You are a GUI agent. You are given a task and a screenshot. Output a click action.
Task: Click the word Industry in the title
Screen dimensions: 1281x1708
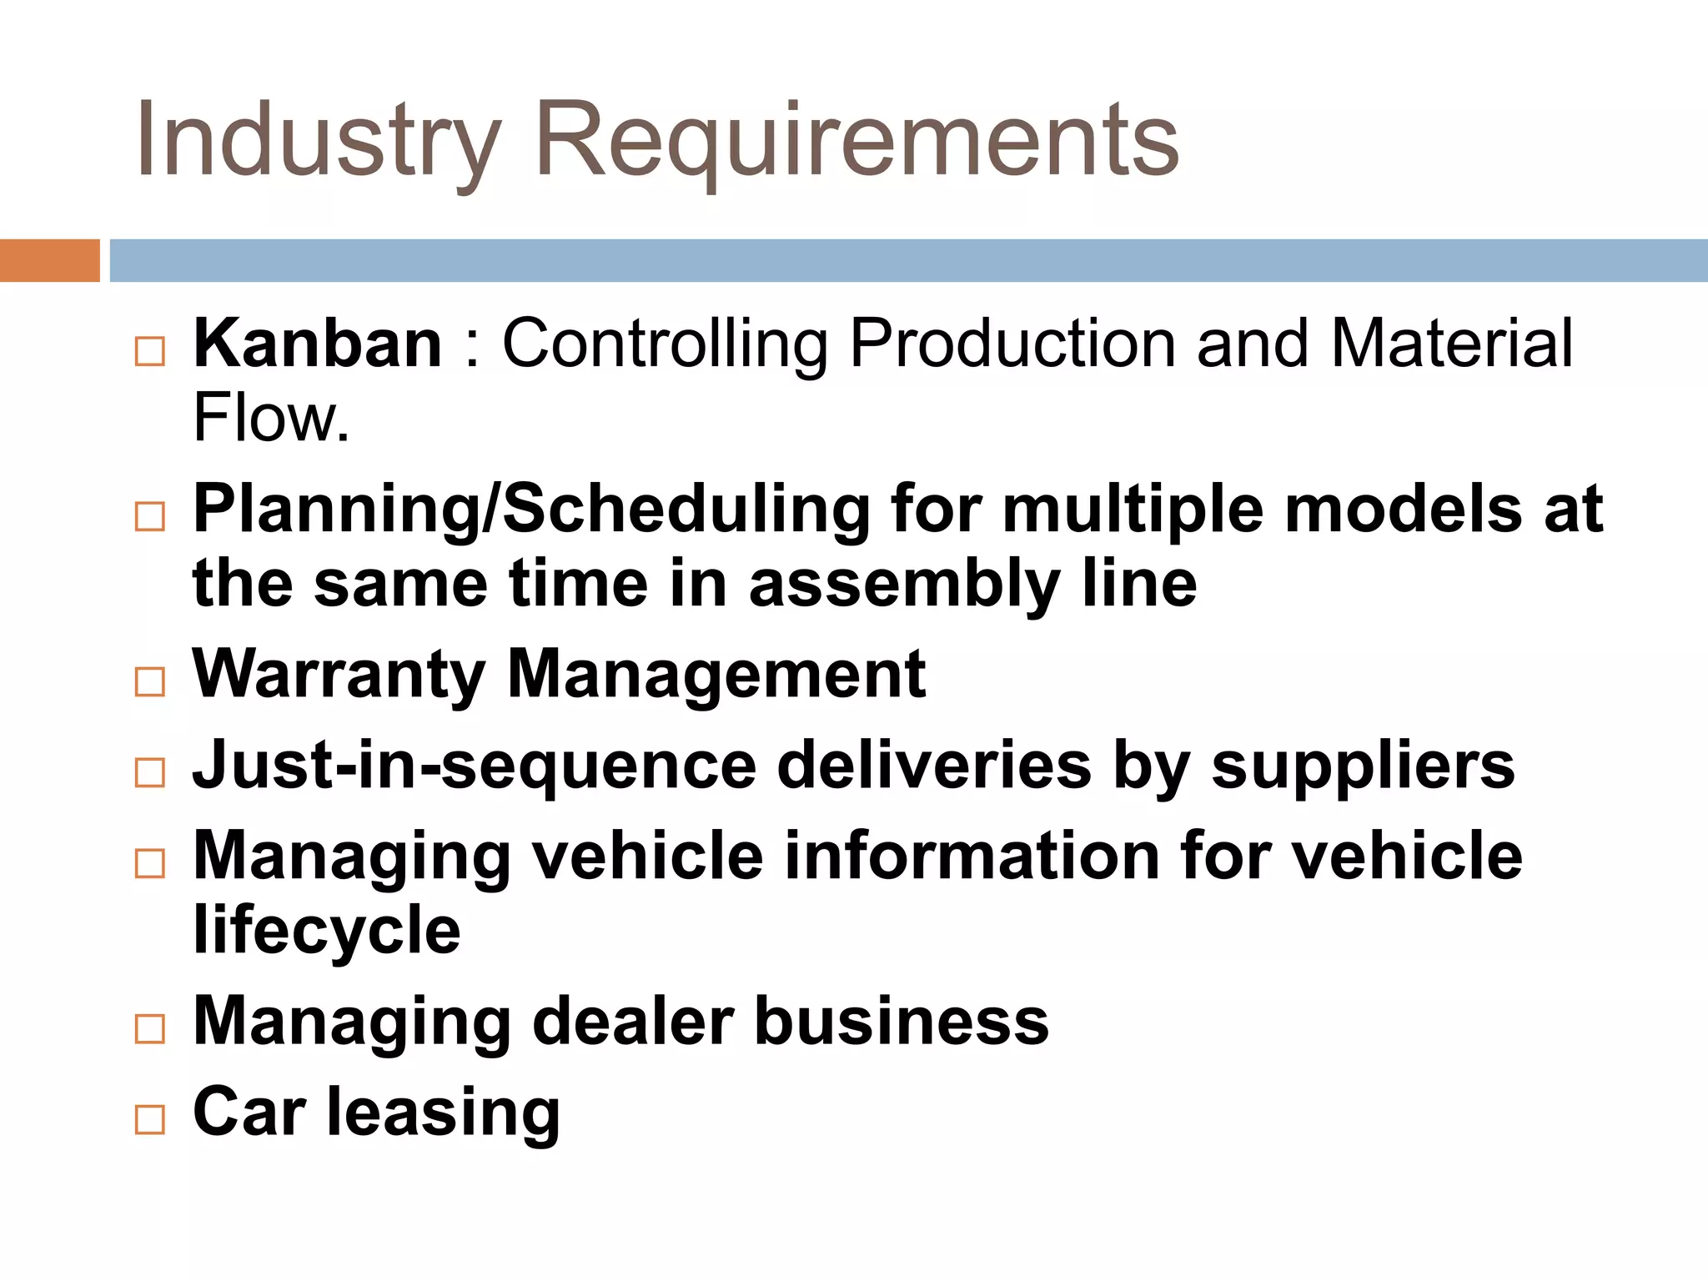[x=319, y=140]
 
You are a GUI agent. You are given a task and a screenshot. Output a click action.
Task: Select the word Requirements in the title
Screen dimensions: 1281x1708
[x=857, y=140]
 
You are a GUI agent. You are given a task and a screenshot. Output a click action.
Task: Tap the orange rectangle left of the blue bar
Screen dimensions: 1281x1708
[x=49, y=260]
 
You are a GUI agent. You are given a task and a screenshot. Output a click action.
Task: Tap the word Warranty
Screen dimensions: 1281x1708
[x=339, y=674]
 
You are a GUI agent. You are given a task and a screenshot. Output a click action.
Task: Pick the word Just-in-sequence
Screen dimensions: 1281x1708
[x=474, y=766]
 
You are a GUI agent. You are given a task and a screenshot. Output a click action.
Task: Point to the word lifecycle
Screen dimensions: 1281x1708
[x=326, y=931]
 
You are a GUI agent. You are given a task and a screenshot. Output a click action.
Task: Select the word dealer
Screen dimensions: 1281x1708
[x=633, y=1021]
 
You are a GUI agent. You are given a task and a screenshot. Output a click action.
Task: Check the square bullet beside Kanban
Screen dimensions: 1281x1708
[x=150, y=352]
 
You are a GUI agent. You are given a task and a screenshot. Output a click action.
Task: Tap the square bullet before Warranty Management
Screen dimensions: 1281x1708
[x=150, y=682]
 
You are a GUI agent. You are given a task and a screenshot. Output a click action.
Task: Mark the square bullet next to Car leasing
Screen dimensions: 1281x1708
[x=150, y=1119]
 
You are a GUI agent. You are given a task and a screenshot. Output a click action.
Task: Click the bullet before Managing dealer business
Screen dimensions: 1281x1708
[x=150, y=1029]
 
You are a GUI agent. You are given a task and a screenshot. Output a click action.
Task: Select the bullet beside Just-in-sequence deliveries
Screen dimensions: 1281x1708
[x=150, y=773]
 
